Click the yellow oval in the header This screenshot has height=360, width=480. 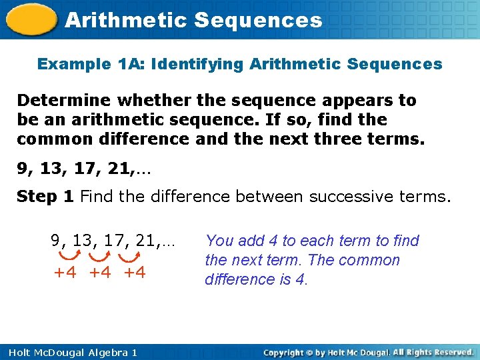pyautogui.click(x=31, y=19)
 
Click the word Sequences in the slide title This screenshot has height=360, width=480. pyautogui.click(x=258, y=20)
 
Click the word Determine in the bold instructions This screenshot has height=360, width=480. pyautogui.click(x=64, y=100)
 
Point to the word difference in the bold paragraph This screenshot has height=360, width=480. pyautogui.click(x=144, y=139)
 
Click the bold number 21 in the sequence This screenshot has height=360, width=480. pyautogui.click(x=119, y=169)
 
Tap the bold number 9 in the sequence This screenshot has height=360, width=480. pyautogui.click(x=22, y=169)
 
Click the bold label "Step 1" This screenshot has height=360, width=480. pyautogui.click(x=45, y=197)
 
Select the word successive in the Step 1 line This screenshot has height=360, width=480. pyautogui.click(x=351, y=196)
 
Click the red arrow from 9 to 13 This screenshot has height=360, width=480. pyautogui.click(x=70, y=255)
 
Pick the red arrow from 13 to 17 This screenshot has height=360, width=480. pyautogui.click(x=99, y=257)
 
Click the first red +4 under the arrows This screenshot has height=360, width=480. pyautogui.click(x=65, y=272)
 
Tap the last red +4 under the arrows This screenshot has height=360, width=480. pyautogui.click(x=135, y=272)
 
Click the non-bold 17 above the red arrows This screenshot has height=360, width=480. pyautogui.click(x=114, y=240)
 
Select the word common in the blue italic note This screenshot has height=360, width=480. pyautogui.click(x=369, y=260)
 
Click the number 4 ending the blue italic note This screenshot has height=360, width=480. pyautogui.click(x=299, y=279)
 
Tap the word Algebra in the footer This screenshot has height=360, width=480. pyautogui.click(x=108, y=353)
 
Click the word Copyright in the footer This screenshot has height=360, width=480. pyautogui.click(x=283, y=353)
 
